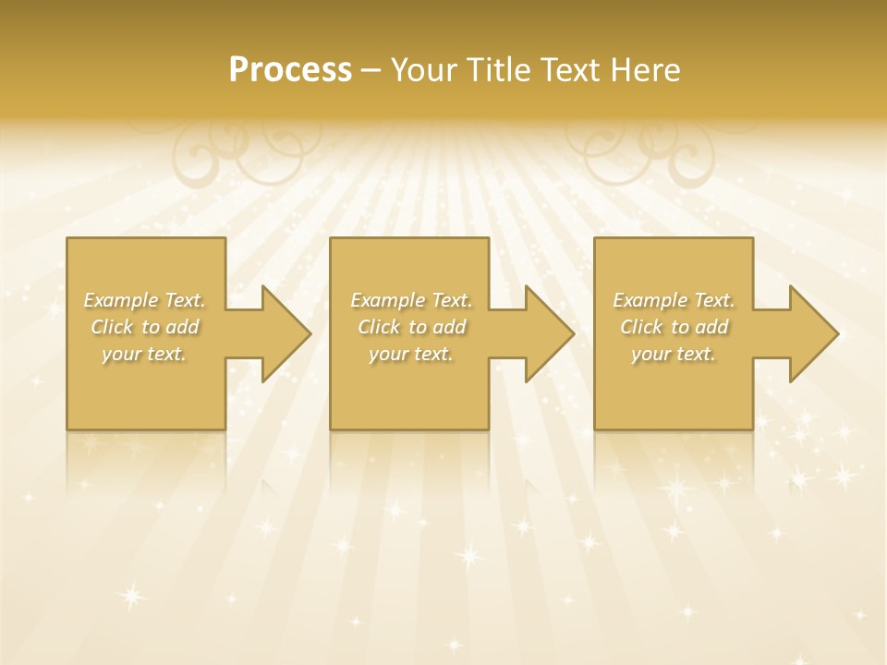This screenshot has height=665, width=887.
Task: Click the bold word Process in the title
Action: (x=290, y=70)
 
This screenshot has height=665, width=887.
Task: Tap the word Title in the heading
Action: (x=499, y=70)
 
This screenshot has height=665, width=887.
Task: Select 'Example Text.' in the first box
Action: (x=145, y=300)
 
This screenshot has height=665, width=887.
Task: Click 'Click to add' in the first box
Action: (x=145, y=327)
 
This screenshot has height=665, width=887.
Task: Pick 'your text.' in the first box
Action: (x=145, y=354)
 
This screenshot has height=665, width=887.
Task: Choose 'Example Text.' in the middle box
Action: (x=411, y=300)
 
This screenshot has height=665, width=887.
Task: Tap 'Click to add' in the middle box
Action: (x=411, y=327)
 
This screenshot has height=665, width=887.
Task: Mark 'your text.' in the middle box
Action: (x=411, y=354)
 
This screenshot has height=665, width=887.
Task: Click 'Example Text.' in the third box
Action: (x=674, y=300)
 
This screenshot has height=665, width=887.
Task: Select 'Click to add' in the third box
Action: (x=674, y=327)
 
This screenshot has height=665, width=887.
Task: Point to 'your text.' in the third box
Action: (x=674, y=354)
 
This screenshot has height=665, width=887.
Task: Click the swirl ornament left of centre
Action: (x=246, y=153)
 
